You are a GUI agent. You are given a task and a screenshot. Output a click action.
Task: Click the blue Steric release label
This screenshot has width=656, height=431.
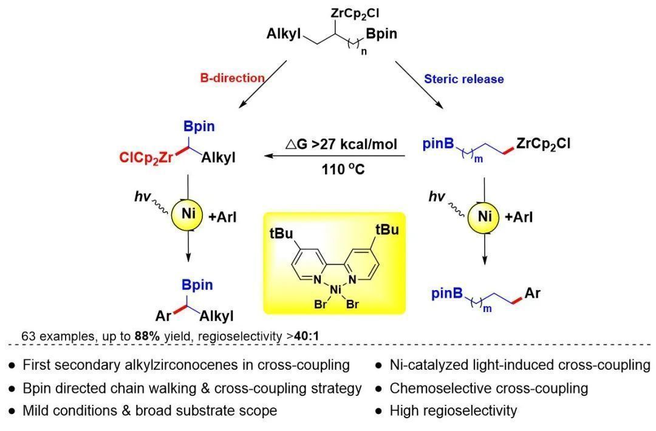pos(463,79)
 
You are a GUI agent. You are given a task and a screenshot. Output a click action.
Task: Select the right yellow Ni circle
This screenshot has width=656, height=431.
pos(484,215)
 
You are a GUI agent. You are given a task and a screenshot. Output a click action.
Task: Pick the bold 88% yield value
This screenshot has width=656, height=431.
pos(162,335)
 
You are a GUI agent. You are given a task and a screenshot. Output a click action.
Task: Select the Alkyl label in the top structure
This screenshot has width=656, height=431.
pos(284,34)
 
